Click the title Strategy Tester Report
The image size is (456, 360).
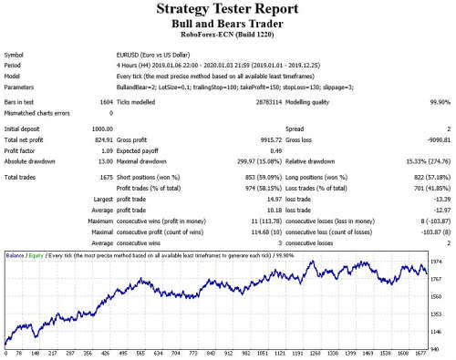[x=227, y=12]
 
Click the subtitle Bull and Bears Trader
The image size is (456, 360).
[x=227, y=26]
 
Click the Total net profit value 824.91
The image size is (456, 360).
[x=103, y=140]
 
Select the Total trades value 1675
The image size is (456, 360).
[x=104, y=175]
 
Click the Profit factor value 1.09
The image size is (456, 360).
[x=107, y=150]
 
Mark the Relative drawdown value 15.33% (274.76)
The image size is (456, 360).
[x=415, y=160]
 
